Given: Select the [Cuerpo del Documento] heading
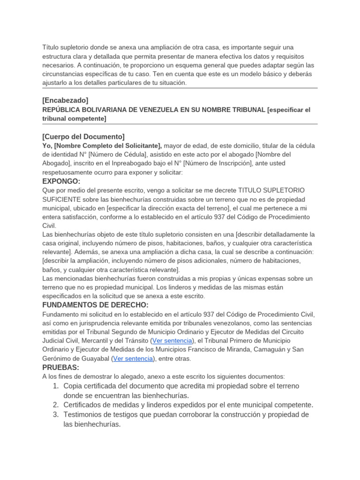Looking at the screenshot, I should (83, 137).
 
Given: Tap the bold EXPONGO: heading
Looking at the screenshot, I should (61, 181).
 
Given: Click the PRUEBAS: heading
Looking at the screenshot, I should (61, 367).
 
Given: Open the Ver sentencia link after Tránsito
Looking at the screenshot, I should (172, 341).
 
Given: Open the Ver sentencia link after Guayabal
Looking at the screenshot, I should (133, 359).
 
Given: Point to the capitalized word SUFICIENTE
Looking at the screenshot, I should (60, 199).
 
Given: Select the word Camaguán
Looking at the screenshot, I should (272, 350).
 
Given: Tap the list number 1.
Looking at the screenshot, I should (55, 386).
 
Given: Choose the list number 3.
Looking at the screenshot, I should (55, 415).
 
